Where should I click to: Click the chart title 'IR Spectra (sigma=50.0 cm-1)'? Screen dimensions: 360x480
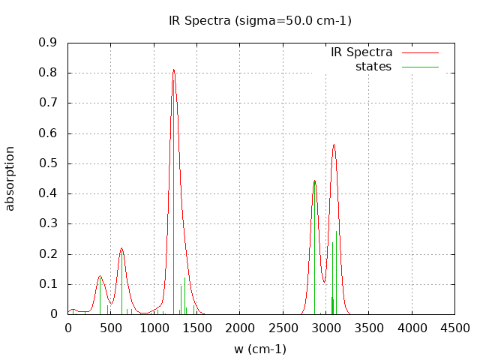click(260, 20)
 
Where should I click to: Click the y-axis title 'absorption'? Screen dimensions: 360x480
click(10, 178)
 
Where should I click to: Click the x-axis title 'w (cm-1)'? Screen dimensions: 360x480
click(260, 349)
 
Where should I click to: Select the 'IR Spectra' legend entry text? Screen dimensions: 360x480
click(361, 52)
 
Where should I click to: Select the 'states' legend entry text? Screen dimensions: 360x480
click(373, 67)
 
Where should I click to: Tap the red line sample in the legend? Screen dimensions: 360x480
click(420, 52)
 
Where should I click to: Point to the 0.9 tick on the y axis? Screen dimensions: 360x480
click(68, 43)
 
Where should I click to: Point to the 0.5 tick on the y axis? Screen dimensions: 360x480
click(68, 163)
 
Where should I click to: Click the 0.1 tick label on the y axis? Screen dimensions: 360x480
click(48, 284)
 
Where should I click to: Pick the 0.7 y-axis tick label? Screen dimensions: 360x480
click(48, 103)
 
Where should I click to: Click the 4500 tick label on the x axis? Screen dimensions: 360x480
click(454, 328)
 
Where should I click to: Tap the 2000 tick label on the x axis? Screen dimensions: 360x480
click(240, 328)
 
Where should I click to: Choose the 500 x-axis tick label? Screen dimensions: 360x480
click(111, 328)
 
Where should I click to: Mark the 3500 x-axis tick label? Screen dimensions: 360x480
click(368, 328)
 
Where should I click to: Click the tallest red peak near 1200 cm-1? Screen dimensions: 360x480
click(173, 70)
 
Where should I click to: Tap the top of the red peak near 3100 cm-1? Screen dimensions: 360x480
click(334, 145)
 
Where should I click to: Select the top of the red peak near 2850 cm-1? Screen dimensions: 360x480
click(314, 181)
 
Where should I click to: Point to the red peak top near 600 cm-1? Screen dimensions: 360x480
click(121, 249)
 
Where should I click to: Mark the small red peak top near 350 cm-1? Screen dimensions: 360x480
click(100, 276)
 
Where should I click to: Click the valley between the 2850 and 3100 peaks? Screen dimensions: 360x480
click(324, 283)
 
